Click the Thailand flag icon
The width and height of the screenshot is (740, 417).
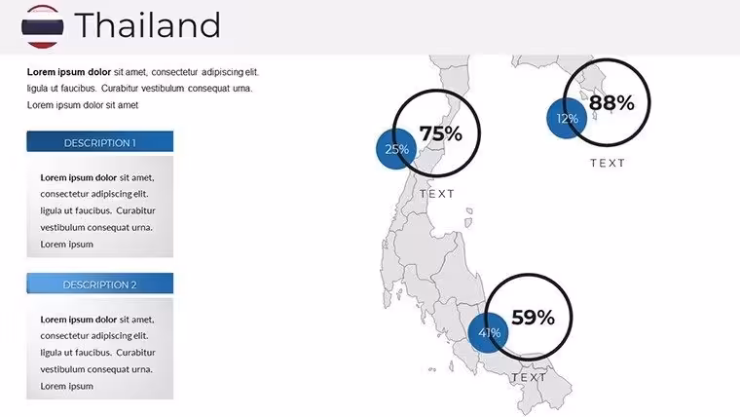[x=43, y=26]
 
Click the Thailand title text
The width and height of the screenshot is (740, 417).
[x=147, y=25]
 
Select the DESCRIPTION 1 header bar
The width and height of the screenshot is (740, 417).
[x=100, y=141]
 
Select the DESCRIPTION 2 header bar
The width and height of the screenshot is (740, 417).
[x=100, y=284]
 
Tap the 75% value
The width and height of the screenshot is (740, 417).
[x=441, y=133]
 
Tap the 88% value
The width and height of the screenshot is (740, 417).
[x=611, y=102]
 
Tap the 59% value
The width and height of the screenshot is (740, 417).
[x=533, y=318]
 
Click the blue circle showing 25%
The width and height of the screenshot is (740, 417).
[x=396, y=149]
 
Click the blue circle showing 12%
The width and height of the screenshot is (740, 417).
[x=567, y=118]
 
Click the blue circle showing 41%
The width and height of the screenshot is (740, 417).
[x=489, y=333]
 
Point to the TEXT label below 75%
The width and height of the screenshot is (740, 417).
[x=437, y=194]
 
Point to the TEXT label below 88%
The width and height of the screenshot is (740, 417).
[x=608, y=163]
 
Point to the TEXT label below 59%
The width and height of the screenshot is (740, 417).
[x=529, y=377]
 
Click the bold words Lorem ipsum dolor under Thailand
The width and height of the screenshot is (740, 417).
[x=69, y=72]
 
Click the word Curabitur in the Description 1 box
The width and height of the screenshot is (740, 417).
[x=136, y=210]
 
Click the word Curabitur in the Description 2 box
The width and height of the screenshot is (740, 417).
[x=136, y=353]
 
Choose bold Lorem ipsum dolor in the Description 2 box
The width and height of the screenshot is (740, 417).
[x=78, y=320]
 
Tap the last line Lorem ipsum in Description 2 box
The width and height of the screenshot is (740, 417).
[x=66, y=386]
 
